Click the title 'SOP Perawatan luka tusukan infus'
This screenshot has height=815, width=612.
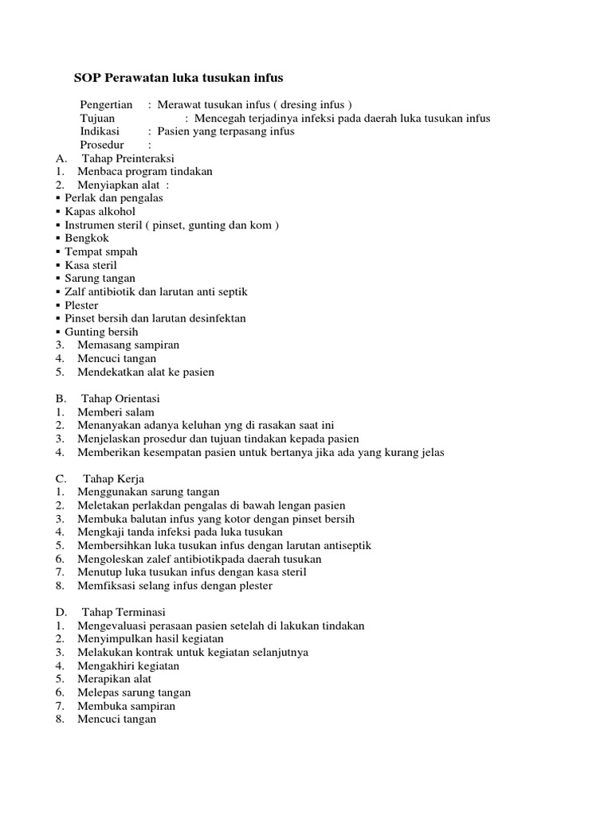point(178,78)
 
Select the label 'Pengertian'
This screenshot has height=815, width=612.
point(107,105)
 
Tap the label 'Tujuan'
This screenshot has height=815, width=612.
point(99,119)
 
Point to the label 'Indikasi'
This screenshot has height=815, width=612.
point(100,131)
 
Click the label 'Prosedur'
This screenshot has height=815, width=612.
point(102,145)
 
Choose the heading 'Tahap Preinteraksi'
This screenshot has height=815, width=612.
point(128,158)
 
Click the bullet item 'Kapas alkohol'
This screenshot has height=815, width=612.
point(100,212)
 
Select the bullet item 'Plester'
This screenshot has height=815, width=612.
point(82,305)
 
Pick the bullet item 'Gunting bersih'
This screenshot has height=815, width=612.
point(101,332)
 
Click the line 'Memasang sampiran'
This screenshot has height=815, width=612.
point(128,345)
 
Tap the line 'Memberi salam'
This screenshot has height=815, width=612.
point(116,411)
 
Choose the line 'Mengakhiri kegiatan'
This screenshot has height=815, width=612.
point(128,665)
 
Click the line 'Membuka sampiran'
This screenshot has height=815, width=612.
point(127,706)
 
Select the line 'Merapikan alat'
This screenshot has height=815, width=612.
point(115,679)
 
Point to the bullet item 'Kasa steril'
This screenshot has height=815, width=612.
point(91,265)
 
